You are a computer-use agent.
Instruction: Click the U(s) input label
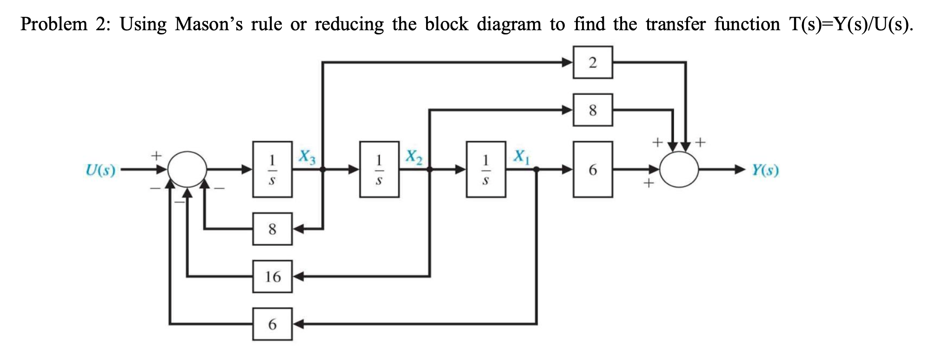click(x=100, y=170)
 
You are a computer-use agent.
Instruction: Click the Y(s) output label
click(x=766, y=170)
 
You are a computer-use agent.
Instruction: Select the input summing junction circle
click(x=187, y=170)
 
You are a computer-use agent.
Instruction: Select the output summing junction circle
click(x=679, y=170)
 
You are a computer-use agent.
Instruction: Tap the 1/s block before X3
click(x=273, y=170)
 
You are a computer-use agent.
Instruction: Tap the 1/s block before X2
click(x=379, y=170)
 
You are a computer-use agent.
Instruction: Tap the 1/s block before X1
click(x=486, y=170)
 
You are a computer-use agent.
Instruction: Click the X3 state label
click(x=307, y=157)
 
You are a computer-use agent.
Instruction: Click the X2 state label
click(x=414, y=157)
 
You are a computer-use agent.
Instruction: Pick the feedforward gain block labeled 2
click(x=593, y=62)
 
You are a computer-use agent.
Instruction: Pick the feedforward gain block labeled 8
click(x=593, y=110)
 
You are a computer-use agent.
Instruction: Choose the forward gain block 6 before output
click(x=593, y=170)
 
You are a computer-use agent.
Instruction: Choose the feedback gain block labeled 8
click(x=273, y=229)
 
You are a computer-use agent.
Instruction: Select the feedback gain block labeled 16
click(x=273, y=277)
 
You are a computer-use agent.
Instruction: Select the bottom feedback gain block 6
click(x=273, y=324)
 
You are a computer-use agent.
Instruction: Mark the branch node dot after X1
click(x=536, y=170)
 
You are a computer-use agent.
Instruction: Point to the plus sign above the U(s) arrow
click(x=157, y=153)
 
